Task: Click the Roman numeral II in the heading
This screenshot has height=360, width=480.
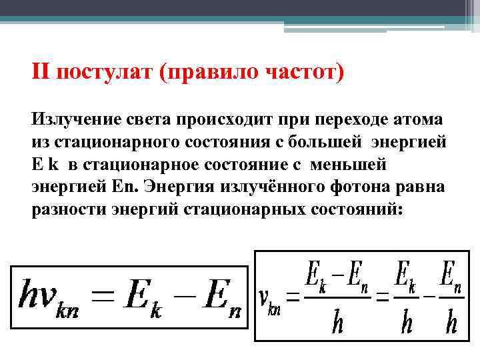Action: click(41, 71)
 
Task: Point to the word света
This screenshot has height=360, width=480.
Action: click(147, 120)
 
